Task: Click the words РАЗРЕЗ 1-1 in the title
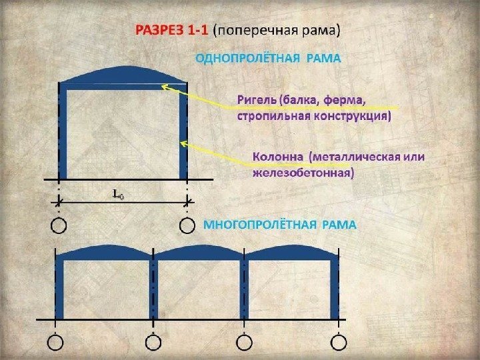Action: click(x=171, y=30)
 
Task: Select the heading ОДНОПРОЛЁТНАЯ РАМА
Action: click(x=267, y=58)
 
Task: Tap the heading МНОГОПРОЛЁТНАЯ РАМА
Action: click(x=279, y=225)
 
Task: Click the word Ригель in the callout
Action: click(x=257, y=101)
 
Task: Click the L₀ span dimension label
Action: click(x=118, y=194)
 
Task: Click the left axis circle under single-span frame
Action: click(x=59, y=226)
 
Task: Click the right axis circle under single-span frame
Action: click(x=187, y=226)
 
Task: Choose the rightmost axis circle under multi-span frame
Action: click(x=339, y=343)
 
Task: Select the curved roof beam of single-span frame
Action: click(x=124, y=74)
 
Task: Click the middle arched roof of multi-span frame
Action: click(x=199, y=253)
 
